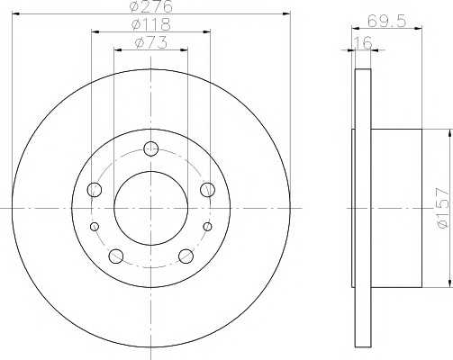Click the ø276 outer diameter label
click(150, 6)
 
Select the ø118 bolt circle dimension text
click(150, 24)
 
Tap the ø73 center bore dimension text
click(150, 42)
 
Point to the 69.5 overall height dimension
click(386, 19)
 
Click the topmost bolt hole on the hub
click(151, 149)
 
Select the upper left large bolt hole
click(95, 189)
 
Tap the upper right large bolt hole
click(208, 189)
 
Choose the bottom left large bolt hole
click(115, 256)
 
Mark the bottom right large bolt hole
click(186, 256)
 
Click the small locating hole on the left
click(93, 227)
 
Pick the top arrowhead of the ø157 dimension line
click(448, 133)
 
